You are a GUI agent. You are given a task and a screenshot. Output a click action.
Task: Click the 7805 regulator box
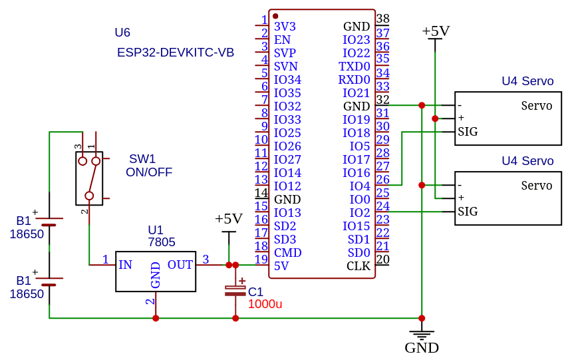tap(156, 271)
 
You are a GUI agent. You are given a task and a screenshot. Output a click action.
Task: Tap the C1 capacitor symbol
tap(235, 290)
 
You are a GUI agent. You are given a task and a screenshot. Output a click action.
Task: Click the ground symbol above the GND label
tap(422, 335)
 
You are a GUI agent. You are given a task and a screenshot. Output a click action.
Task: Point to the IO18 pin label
tap(356, 133)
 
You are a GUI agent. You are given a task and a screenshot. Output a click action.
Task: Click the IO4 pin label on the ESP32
tap(359, 186)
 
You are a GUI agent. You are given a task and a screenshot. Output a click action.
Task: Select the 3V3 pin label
tap(285, 27)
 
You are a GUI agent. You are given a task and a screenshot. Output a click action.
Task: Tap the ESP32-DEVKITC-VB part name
tap(176, 53)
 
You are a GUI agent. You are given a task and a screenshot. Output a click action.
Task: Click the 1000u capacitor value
tap(265, 304)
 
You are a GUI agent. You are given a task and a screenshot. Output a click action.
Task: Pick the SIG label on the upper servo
tap(468, 132)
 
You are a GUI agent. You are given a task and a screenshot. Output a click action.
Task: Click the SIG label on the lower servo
tap(468, 212)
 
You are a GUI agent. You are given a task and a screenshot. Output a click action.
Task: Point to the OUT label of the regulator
tap(180, 265)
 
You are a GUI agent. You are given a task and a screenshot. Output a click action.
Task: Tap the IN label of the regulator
tap(125, 265)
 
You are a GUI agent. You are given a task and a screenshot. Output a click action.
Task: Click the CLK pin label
tap(358, 266)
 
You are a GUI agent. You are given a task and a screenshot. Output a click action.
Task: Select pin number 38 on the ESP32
tap(382, 19)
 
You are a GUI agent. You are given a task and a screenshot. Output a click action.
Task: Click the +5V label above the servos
tap(436, 31)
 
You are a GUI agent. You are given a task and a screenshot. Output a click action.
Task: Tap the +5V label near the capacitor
tap(228, 219)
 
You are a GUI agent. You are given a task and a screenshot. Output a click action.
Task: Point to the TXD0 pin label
tap(354, 67)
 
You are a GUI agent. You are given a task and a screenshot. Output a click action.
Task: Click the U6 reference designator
tap(122, 33)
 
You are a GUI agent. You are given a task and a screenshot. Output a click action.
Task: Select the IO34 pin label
tap(287, 80)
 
